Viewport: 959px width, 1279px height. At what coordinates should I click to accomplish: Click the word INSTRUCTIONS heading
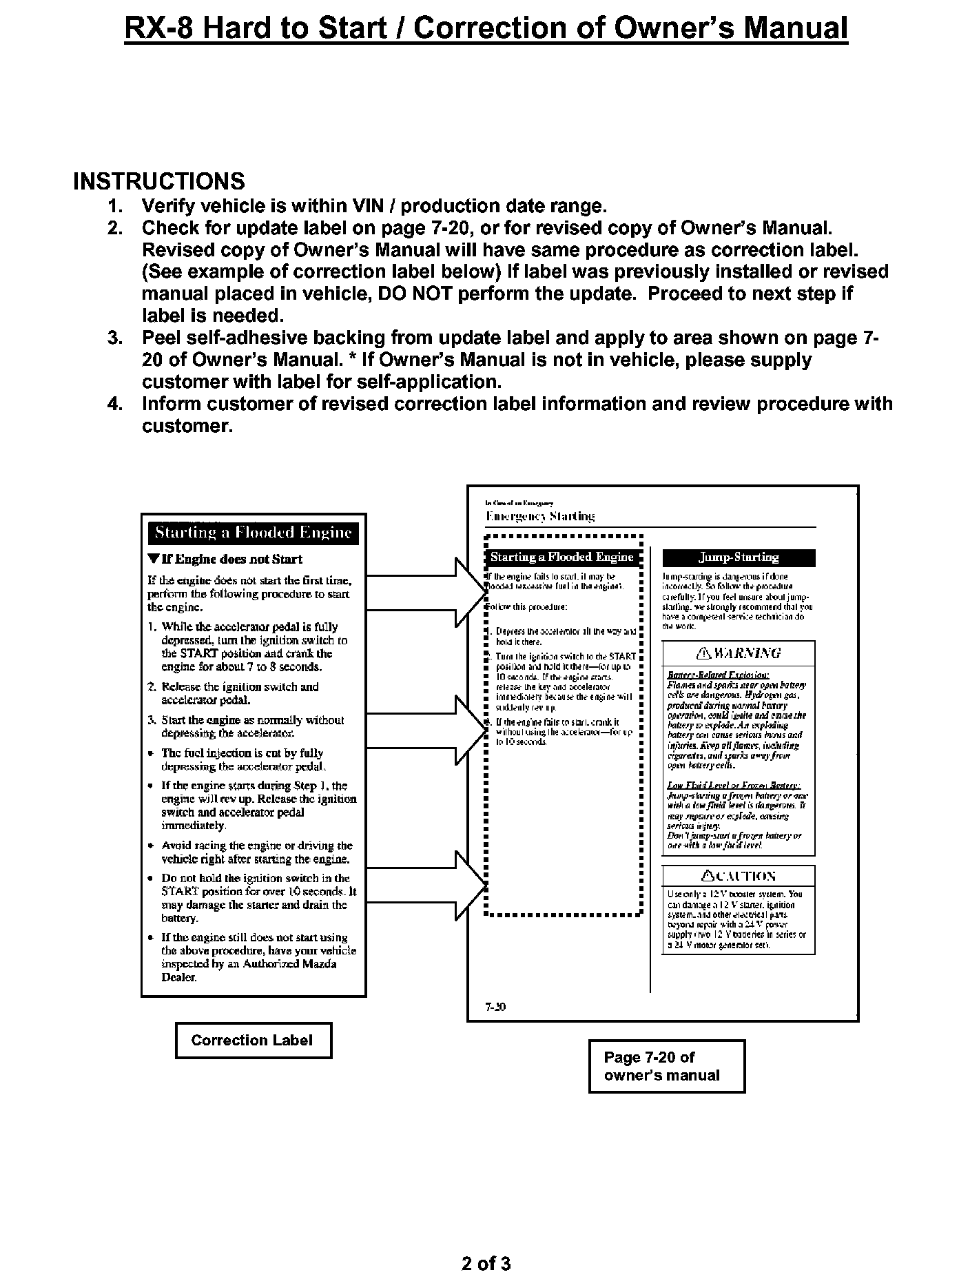tap(159, 181)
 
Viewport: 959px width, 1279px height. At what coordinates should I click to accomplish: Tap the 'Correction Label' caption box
tap(253, 1041)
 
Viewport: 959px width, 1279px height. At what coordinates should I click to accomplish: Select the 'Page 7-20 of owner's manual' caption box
tap(666, 1067)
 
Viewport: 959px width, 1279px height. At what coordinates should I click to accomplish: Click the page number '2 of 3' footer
tap(486, 1263)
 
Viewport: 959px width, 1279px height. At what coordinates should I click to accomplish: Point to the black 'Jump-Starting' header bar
tap(739, 557)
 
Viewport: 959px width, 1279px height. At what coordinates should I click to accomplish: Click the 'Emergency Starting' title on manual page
tap(540, 516)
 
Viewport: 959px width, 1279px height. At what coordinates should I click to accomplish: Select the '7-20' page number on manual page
tap(495, 1007)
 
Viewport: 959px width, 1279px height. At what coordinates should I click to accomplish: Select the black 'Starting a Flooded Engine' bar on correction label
tap(253, 533)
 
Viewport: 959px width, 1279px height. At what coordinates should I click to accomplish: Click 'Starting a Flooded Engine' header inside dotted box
tap(561, 557)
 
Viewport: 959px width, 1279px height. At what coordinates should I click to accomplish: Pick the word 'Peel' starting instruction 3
tap(164, 338)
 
